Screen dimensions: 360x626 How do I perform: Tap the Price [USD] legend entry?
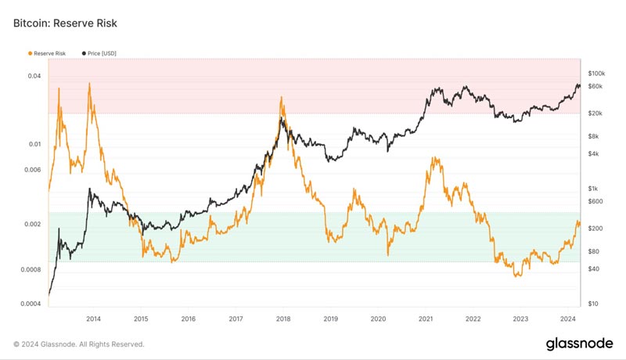coord(99,53)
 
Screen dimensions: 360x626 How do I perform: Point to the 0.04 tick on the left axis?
coord(34,76)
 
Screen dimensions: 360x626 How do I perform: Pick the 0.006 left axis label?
coord(33,170)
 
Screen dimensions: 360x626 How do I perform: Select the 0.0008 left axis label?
coord(31,270)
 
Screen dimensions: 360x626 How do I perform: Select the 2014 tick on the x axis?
coord(94,319)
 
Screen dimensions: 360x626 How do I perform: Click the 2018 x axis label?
coord(283,319)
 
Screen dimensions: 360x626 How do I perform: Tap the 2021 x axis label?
coord(426,319)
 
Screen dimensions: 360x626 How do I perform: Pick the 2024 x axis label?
coord(567,319)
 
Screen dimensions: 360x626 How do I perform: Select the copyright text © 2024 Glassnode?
coord(78,344)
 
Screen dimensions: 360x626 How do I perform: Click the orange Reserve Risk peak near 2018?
coord(281,97)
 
